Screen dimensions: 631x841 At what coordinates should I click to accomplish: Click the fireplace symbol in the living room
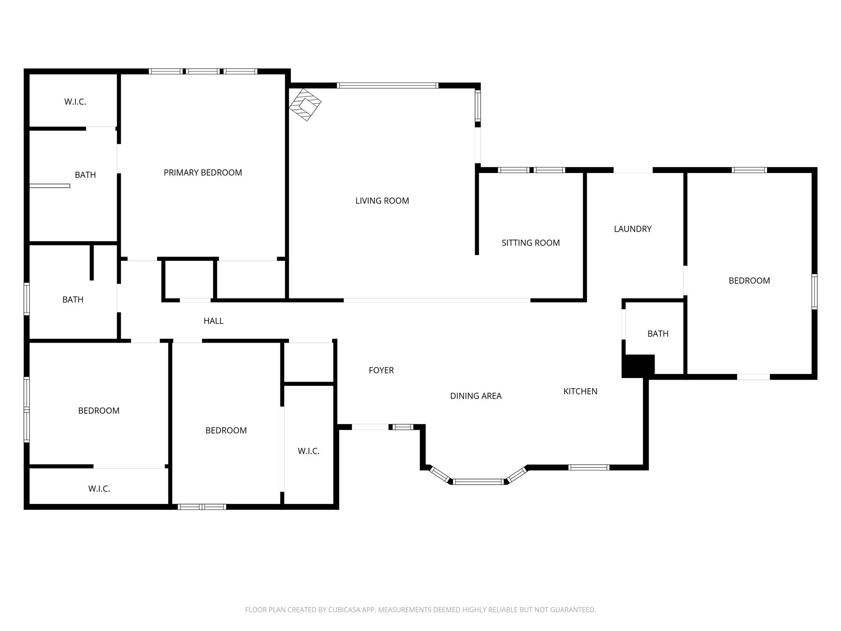click(305, 104)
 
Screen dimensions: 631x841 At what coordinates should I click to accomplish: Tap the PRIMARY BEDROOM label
click(202, 173)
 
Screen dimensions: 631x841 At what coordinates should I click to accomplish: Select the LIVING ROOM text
click(382, 201)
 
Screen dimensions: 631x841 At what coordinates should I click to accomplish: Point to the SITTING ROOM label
click(531, 243)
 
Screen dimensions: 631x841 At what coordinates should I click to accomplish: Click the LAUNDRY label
click(632, 229)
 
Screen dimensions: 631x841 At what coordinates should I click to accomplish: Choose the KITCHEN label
click(580, 391)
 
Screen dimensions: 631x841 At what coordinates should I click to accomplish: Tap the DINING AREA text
click(476, 396)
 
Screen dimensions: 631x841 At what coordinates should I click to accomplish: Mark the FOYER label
click(381, 371)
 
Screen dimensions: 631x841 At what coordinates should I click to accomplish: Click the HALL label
click(213, 321)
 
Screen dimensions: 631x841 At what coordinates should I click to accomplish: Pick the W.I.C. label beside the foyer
click(308, 451)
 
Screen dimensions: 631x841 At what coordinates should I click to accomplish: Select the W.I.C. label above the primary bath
click(75, 102)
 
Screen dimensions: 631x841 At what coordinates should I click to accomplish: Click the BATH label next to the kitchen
click(658, 334)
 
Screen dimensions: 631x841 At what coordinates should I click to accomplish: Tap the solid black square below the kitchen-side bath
click(638, 366)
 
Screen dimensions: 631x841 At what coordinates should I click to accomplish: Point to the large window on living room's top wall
click(387, 85)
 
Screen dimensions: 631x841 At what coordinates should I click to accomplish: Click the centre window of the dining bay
click(478, 481)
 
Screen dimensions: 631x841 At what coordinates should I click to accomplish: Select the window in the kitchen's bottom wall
click(588, 467)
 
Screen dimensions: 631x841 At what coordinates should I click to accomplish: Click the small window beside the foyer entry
click(403, 427)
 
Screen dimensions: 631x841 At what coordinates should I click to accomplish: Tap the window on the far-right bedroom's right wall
click(814, 292)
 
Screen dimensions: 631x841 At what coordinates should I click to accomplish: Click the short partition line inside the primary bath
click(50, 186)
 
